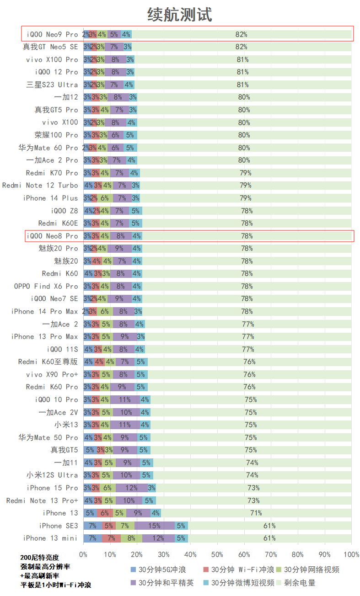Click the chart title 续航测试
pyautogui.click(x=180, y=15)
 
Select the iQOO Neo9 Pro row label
pyautogui.click(x=52, y=34)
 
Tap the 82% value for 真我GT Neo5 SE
pyautogui.click(x=241, y=47)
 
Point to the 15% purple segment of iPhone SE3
pyautogui.click(x=154, y=526)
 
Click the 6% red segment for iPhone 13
pyautogui.click(x=105, y=513)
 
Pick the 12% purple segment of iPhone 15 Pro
pyautogui.click(x=131, y=488)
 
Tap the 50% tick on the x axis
pyautogui.click(x=217, y=555)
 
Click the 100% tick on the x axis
pyautogui.click(x=351, y=555)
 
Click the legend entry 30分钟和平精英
pyautogui.click(x=166, y=583)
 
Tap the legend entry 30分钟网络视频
pyautogui.click(x=312, y=570)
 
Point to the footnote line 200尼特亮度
pyautogui.click(x=40, y=558)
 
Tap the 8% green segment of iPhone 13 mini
pyautogui.click(x=131, y=538)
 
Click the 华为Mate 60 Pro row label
pyautogui.click(x=48, y=148)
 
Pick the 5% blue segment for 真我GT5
pyautogui.click(x=90, y=450)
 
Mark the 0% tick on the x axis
pyautogui.click(x=83, y=555)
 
